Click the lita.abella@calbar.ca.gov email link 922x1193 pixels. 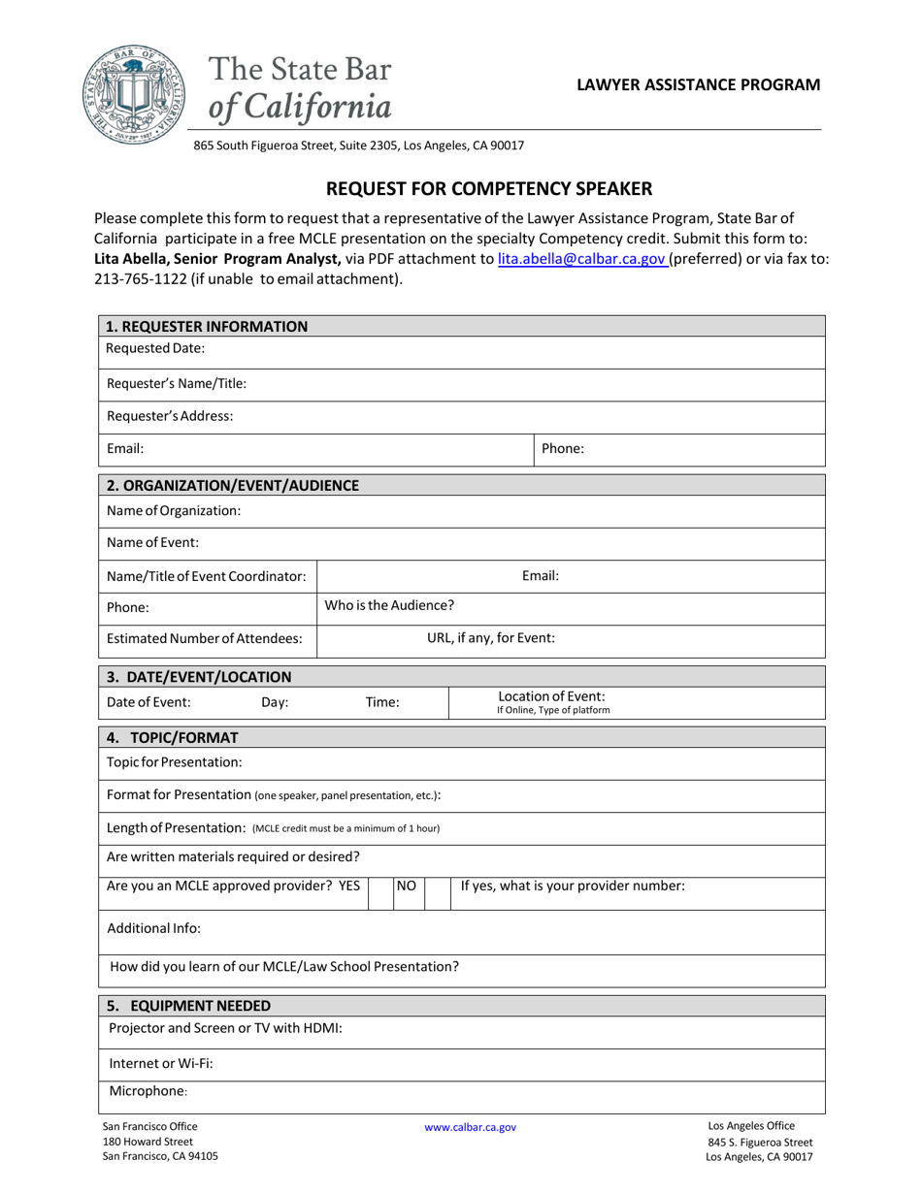click(580, 259)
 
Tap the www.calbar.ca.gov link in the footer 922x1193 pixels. click(470, 1127)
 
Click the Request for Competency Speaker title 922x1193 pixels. click(488, 188)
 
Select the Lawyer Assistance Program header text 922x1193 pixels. click(698, 84)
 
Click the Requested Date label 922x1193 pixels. click(155, 348)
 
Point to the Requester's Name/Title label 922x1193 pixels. click(177, 383)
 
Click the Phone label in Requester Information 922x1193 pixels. click(562, 449)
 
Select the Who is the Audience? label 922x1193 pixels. click(389, 605)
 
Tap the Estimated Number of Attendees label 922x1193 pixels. click(204, 638)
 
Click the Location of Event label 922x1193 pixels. click(551, 696)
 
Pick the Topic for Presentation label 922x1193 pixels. click(175, 762)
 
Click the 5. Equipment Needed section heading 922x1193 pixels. click(189, 1006)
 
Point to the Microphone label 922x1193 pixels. click(148, 1091)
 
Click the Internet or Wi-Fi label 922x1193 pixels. click(161, 1063)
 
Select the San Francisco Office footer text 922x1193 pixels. click(149, 1126)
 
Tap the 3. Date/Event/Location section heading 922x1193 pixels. click(199, 677)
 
